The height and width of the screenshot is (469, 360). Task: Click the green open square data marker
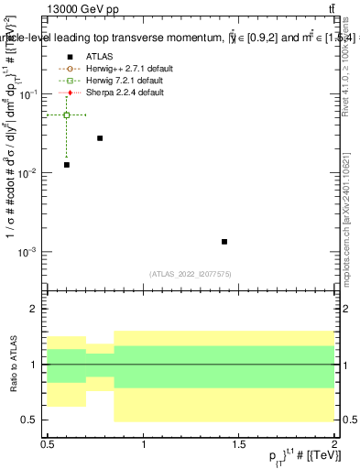(67, 115)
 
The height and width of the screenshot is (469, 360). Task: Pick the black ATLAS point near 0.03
(100, 138)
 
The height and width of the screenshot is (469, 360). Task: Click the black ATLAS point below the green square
(67, 165)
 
